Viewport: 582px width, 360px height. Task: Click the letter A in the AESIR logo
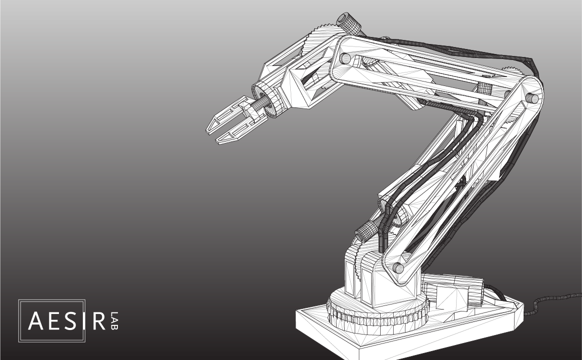[x=36, y=321]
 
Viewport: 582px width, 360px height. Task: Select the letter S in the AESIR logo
[x=71, y=321]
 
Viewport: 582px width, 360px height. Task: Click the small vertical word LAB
[x=114, y=321]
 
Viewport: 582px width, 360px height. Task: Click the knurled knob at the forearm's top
[x=348, y=22]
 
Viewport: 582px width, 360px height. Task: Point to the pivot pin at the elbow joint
[x=533, y=98]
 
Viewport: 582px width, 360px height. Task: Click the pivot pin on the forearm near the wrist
[x=345, y=58]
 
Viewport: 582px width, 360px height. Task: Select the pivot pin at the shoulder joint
[x=398, y=267]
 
